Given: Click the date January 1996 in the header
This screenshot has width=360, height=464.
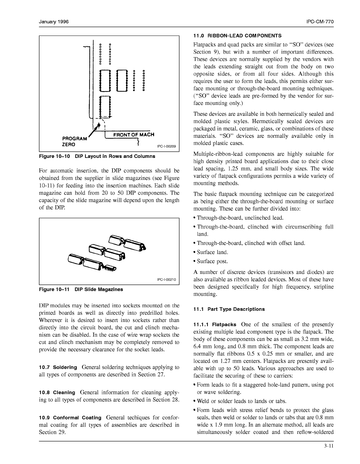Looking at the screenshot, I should pos(54,22).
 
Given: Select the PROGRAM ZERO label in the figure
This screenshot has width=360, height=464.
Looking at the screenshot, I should pos(74,141).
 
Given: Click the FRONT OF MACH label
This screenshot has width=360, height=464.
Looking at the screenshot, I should pos(134,135).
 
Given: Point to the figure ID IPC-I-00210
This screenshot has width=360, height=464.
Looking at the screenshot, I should pos(166,280).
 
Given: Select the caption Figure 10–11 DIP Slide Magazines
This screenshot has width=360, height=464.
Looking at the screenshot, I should pos(81,289).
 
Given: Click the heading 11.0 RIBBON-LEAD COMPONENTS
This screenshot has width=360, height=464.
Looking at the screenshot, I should pos(237,36).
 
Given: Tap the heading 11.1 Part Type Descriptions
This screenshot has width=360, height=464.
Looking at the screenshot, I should pos(229,309).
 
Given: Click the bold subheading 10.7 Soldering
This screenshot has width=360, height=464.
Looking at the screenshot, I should pos(58,367).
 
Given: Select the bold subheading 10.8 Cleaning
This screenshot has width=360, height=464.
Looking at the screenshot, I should pos(57,392).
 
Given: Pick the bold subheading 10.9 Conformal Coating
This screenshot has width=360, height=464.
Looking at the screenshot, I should pos(70,417).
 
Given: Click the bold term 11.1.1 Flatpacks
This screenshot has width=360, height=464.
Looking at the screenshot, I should pos(215,325).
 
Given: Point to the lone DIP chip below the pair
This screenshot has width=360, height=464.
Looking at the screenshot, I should pos(105,106).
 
